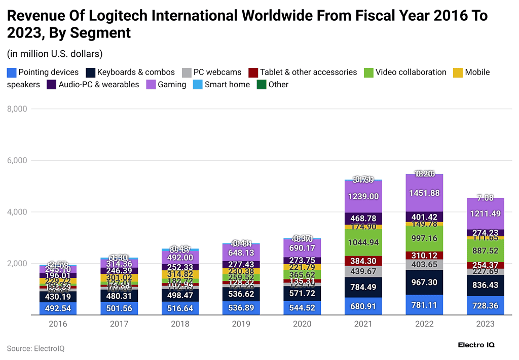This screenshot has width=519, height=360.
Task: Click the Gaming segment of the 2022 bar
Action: [425, 193]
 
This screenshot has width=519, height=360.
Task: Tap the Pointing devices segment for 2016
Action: [58, 308]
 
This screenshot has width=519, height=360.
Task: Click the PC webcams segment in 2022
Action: [425, 265]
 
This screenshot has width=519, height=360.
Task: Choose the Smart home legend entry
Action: [227, 85]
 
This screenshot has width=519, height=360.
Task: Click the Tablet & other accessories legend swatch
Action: [253, 73]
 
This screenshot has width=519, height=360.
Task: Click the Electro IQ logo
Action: [475, 345]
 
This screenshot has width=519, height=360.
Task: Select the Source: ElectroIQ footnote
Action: [35, 349]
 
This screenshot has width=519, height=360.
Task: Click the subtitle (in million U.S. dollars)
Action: [55, 53]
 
